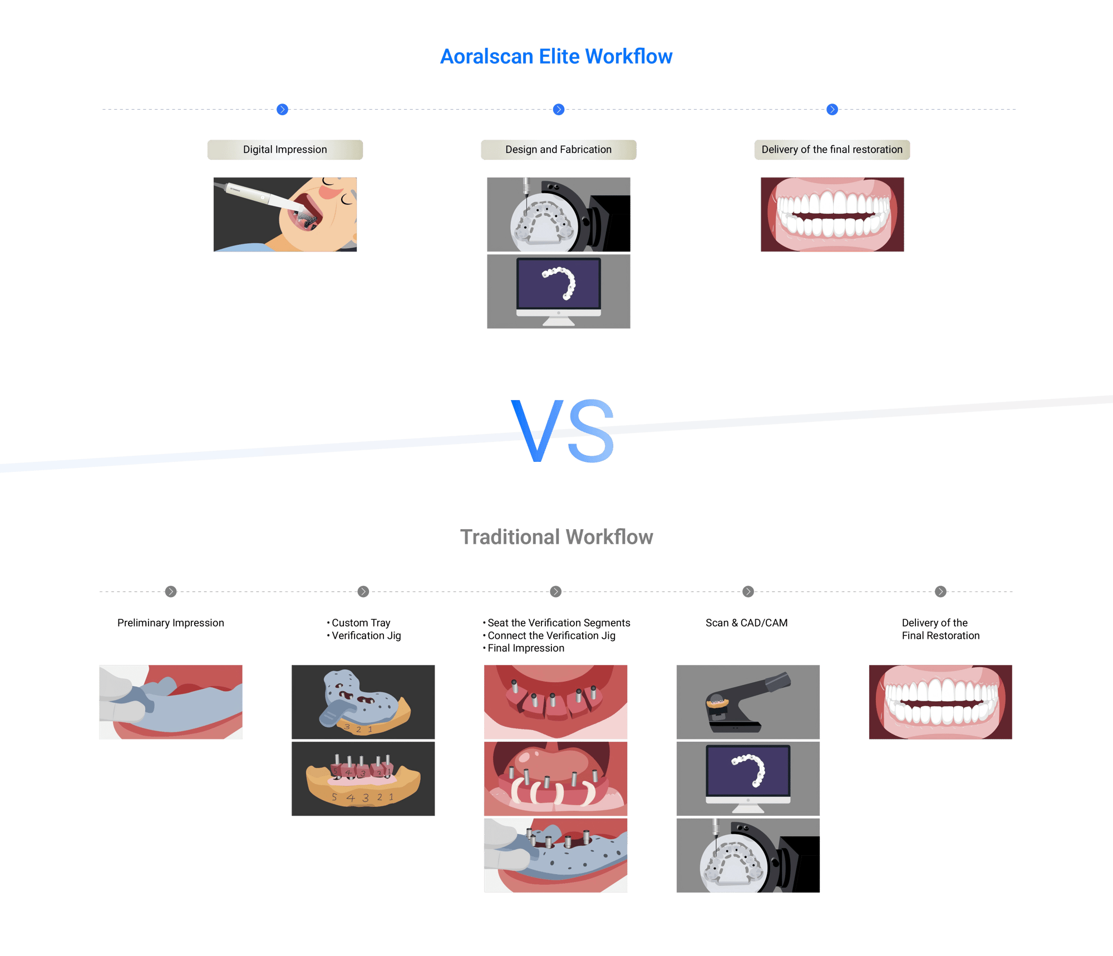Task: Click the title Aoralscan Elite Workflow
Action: [x=556, y=57]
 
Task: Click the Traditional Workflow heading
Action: [x=556, y=537]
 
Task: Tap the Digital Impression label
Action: [x=285, y=150]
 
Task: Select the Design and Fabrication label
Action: [x=558, y=150]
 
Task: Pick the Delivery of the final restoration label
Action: [x=832, y=150]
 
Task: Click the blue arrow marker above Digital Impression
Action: [x=282, y=110]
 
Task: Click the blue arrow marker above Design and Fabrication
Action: [x=559, y=110]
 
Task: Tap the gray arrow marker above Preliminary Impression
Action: [x=171, y=592]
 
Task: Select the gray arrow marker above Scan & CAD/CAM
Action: [x=748, y=592]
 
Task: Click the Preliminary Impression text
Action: [x=171, y=623]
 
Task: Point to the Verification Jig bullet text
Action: [x=366, y=635]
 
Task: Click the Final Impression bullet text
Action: [x=526, y=648]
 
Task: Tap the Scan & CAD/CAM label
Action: [x=746, y=623]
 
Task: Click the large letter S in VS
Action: [x=591, y=432]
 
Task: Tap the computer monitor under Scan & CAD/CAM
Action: [x=748, y=775]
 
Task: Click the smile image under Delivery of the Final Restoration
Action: [x=940, y=702]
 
